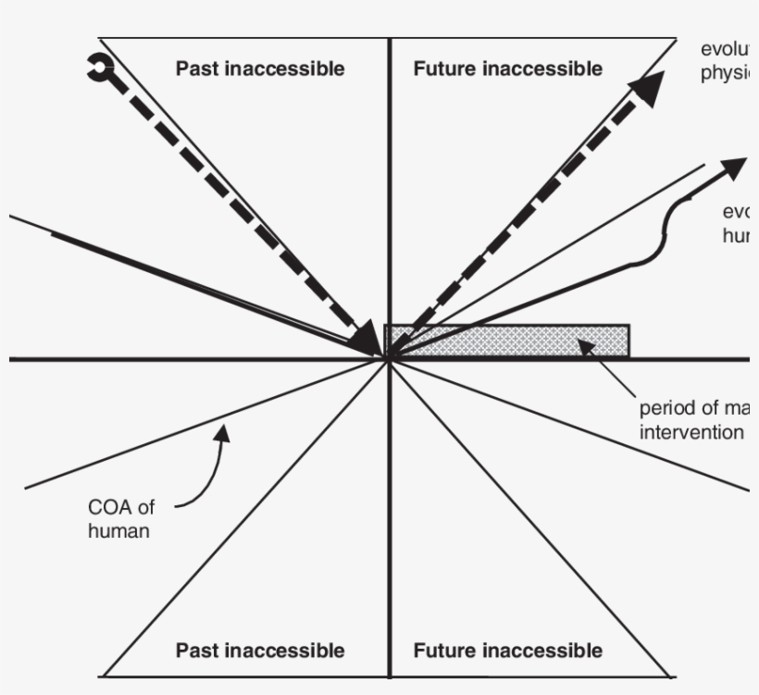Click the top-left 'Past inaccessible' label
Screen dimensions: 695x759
260,68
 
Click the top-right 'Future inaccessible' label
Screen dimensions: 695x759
507,68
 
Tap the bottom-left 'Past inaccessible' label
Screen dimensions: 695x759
260,651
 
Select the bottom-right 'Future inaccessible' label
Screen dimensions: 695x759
507,651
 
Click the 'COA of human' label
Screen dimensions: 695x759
118,519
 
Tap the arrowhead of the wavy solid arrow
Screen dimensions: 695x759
735,168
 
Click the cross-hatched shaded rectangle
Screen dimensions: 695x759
507,341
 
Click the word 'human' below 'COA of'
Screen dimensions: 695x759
118,531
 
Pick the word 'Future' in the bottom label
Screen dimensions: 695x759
442,651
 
